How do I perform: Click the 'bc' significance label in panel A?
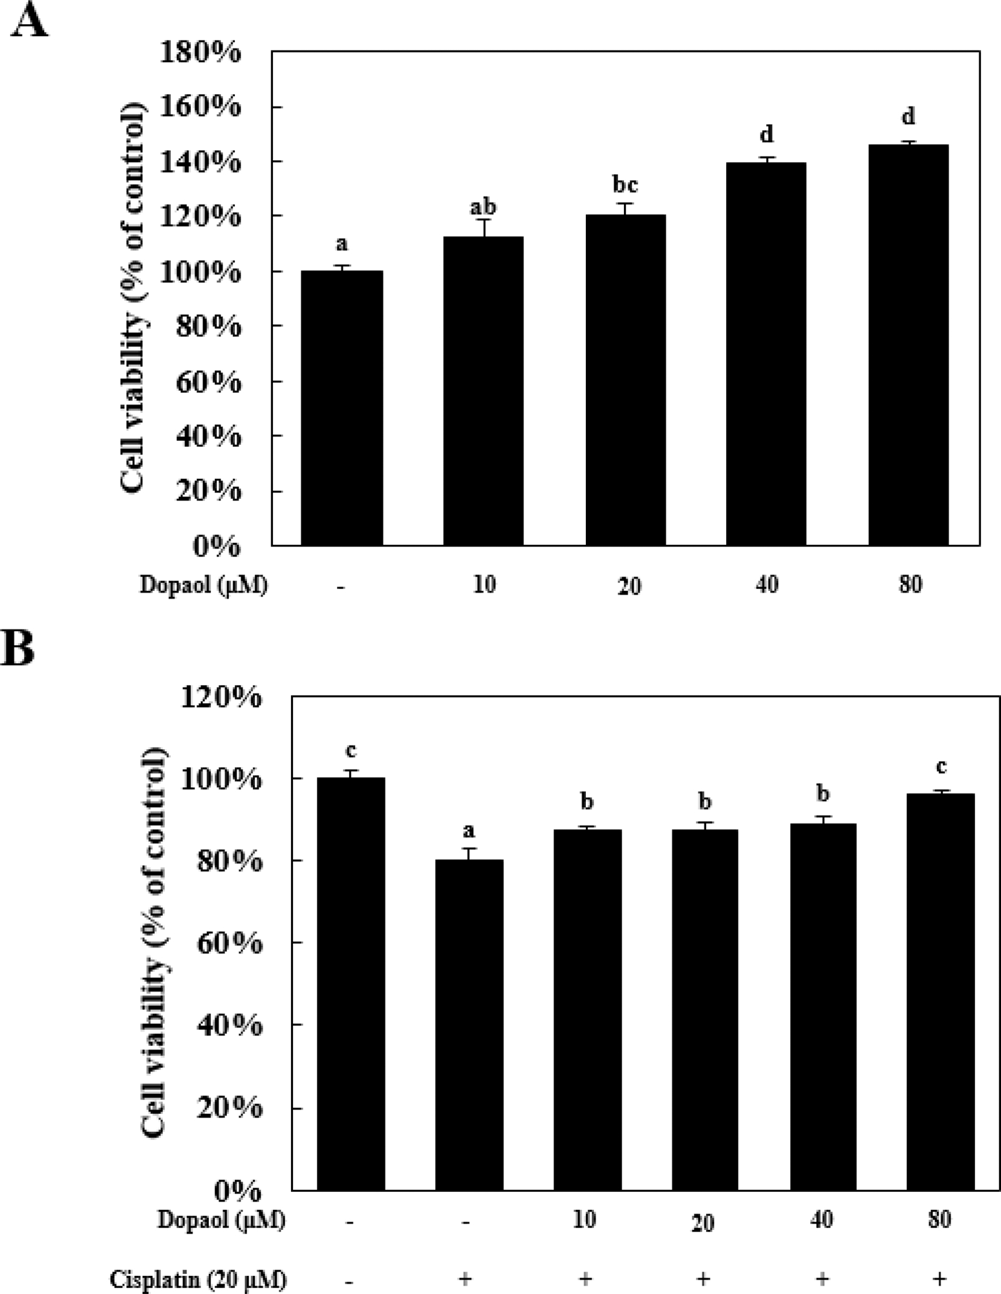(x=625, y=185)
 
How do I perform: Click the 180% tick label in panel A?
(x=200, y=52)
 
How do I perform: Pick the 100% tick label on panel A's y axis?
(x=200, y=272)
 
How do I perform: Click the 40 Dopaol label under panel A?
(x=767, y=585)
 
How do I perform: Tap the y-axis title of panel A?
(x=132, y=299)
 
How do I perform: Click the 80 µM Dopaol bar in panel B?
(x=940, y=992)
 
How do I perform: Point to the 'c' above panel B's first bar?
(x=351, y=752)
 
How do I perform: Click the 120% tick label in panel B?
(x=221, y=697)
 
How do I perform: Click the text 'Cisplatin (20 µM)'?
(x=198, y=1279)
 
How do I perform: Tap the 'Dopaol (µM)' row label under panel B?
(x=221, y=1220)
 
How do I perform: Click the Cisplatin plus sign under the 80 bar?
(x=939, y=1279)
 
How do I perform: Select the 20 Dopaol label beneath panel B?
(x=702, y=1222)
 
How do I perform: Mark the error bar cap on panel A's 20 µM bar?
(x=625, y=203)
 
